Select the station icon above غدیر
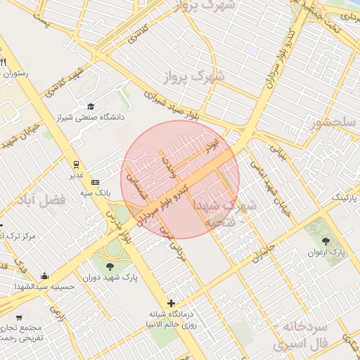pos(75,165)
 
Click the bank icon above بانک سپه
pos(96,182)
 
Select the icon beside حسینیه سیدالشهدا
pos(45,276)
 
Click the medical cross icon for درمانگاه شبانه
pos(171,303)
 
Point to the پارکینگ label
pos(344,199)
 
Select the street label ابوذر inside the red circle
pos(212,147)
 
